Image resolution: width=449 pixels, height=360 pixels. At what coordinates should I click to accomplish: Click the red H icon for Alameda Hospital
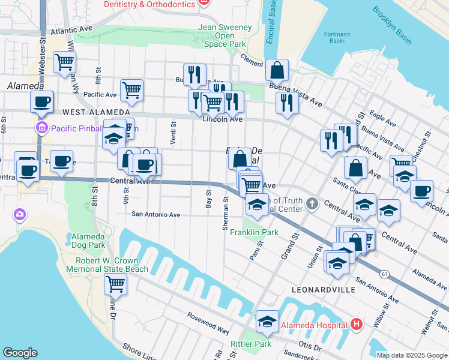click(x=357, y=325)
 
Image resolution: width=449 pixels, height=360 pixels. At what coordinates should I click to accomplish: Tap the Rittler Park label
click(x=251, y=344)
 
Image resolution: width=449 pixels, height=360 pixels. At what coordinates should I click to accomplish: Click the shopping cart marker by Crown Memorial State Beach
click(x=115, y=283)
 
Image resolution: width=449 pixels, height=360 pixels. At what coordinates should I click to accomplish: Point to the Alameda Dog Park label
click(x=88, y=240)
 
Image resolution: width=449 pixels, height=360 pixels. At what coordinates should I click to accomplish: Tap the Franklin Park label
click(x=254, y=232)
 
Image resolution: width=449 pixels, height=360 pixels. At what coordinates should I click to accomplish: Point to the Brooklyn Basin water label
click(x=391, y=25)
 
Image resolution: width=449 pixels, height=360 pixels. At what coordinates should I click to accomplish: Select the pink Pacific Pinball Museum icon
click(x=42, y=128)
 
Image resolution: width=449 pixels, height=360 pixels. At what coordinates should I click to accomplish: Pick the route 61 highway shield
click(x=383, y=274)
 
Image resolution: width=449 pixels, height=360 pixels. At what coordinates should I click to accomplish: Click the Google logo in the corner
click(x=20, y=352)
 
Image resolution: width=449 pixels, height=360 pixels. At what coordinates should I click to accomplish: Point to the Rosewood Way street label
click(x=207, y=331)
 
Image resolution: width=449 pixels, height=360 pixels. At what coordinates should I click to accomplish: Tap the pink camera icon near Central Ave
click(x=20, y=214)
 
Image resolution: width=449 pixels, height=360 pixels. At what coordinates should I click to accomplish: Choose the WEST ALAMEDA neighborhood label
click(x=95, y=112)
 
